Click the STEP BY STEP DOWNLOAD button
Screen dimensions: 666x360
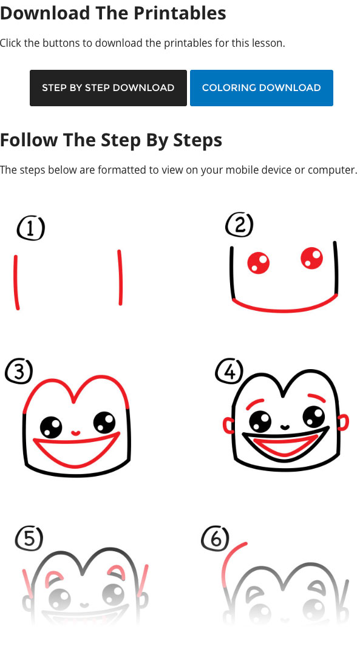(108, 88)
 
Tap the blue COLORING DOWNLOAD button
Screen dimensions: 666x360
(261, 88)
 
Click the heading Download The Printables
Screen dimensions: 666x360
(113, 13)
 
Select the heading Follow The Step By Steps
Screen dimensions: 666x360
(111, 140)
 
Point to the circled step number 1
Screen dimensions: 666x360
(30, 229)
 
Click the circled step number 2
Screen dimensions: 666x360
(239, 225)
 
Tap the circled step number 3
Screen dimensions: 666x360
(18, 371)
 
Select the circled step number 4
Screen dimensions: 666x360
(229, 371)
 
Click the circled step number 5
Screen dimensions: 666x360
(29, 538)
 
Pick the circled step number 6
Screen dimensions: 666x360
(215, 538)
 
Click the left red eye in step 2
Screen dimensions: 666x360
(259, 263)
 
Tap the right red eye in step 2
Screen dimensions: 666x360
(312, 258)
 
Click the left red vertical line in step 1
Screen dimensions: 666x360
(16, 282)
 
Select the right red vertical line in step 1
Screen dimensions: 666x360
(120, 277)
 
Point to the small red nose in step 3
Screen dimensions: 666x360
(75, 433)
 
